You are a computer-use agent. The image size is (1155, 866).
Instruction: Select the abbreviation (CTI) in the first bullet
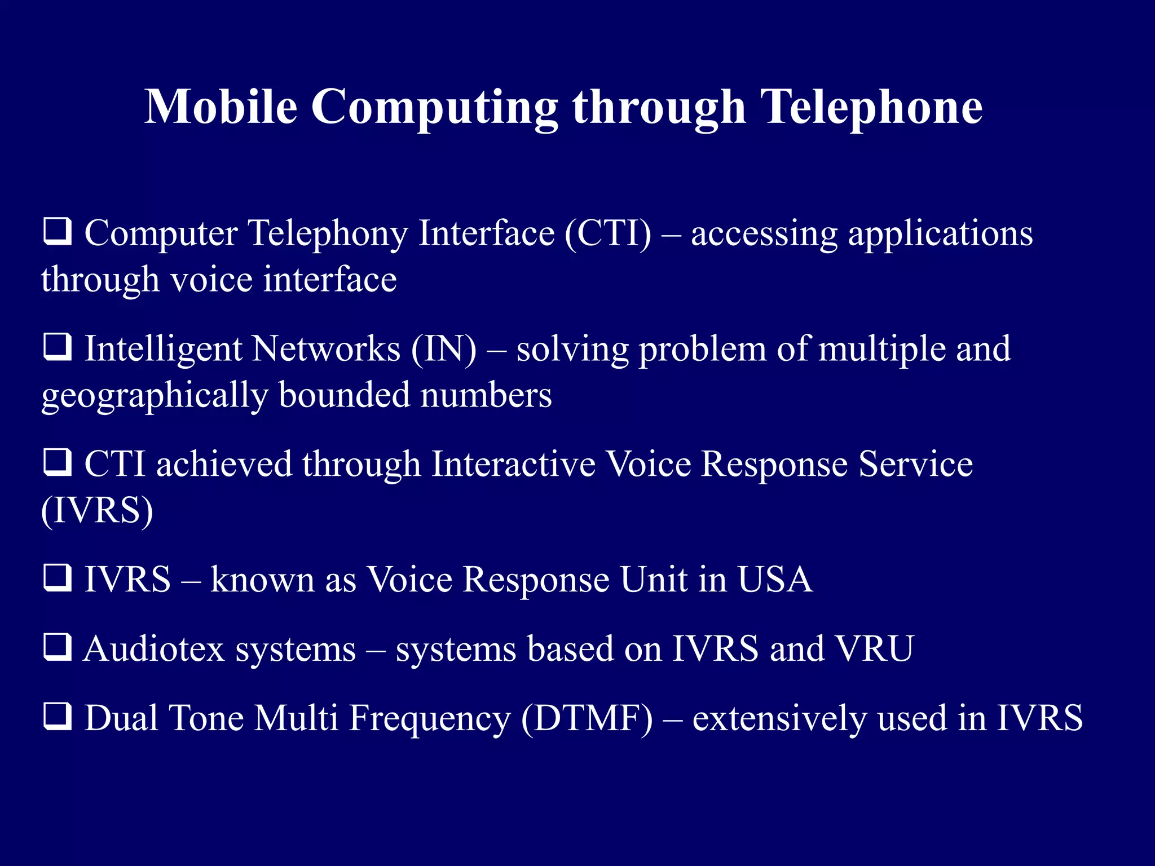click(x=608, y=233)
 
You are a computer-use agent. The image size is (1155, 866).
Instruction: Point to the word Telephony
click(x=328, y=234)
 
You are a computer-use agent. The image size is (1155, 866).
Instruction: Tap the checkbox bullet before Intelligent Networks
click(x=58, y=347)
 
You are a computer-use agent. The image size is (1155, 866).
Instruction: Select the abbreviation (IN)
click(x=444, y=349)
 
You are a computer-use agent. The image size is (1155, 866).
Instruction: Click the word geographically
click(x=155, y=396)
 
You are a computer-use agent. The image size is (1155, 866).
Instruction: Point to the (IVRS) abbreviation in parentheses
click(x=97, y=511)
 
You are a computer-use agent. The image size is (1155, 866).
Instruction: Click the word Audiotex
click(x=155, y=648)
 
